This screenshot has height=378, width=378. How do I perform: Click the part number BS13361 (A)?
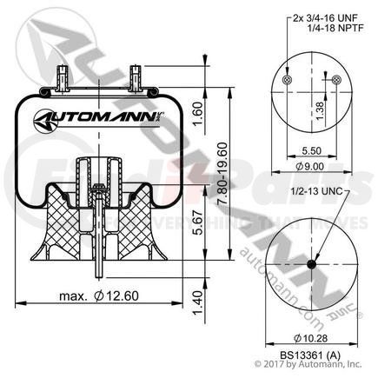(310, 355)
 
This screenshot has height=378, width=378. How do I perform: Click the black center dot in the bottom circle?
(310, 266)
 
